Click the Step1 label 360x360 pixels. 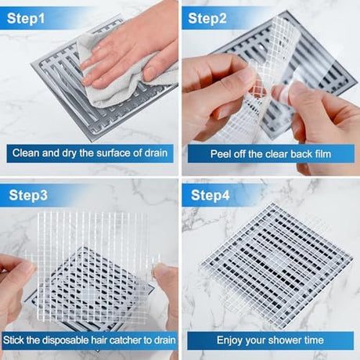[x=26, y=19]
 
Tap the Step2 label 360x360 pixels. [x=207, y=19]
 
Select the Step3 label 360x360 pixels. [x=28, y=195]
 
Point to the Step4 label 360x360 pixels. [x=210, y=195]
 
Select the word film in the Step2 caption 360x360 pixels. [x=322, y=154]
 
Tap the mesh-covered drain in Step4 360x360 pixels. [x=276, y=264]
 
